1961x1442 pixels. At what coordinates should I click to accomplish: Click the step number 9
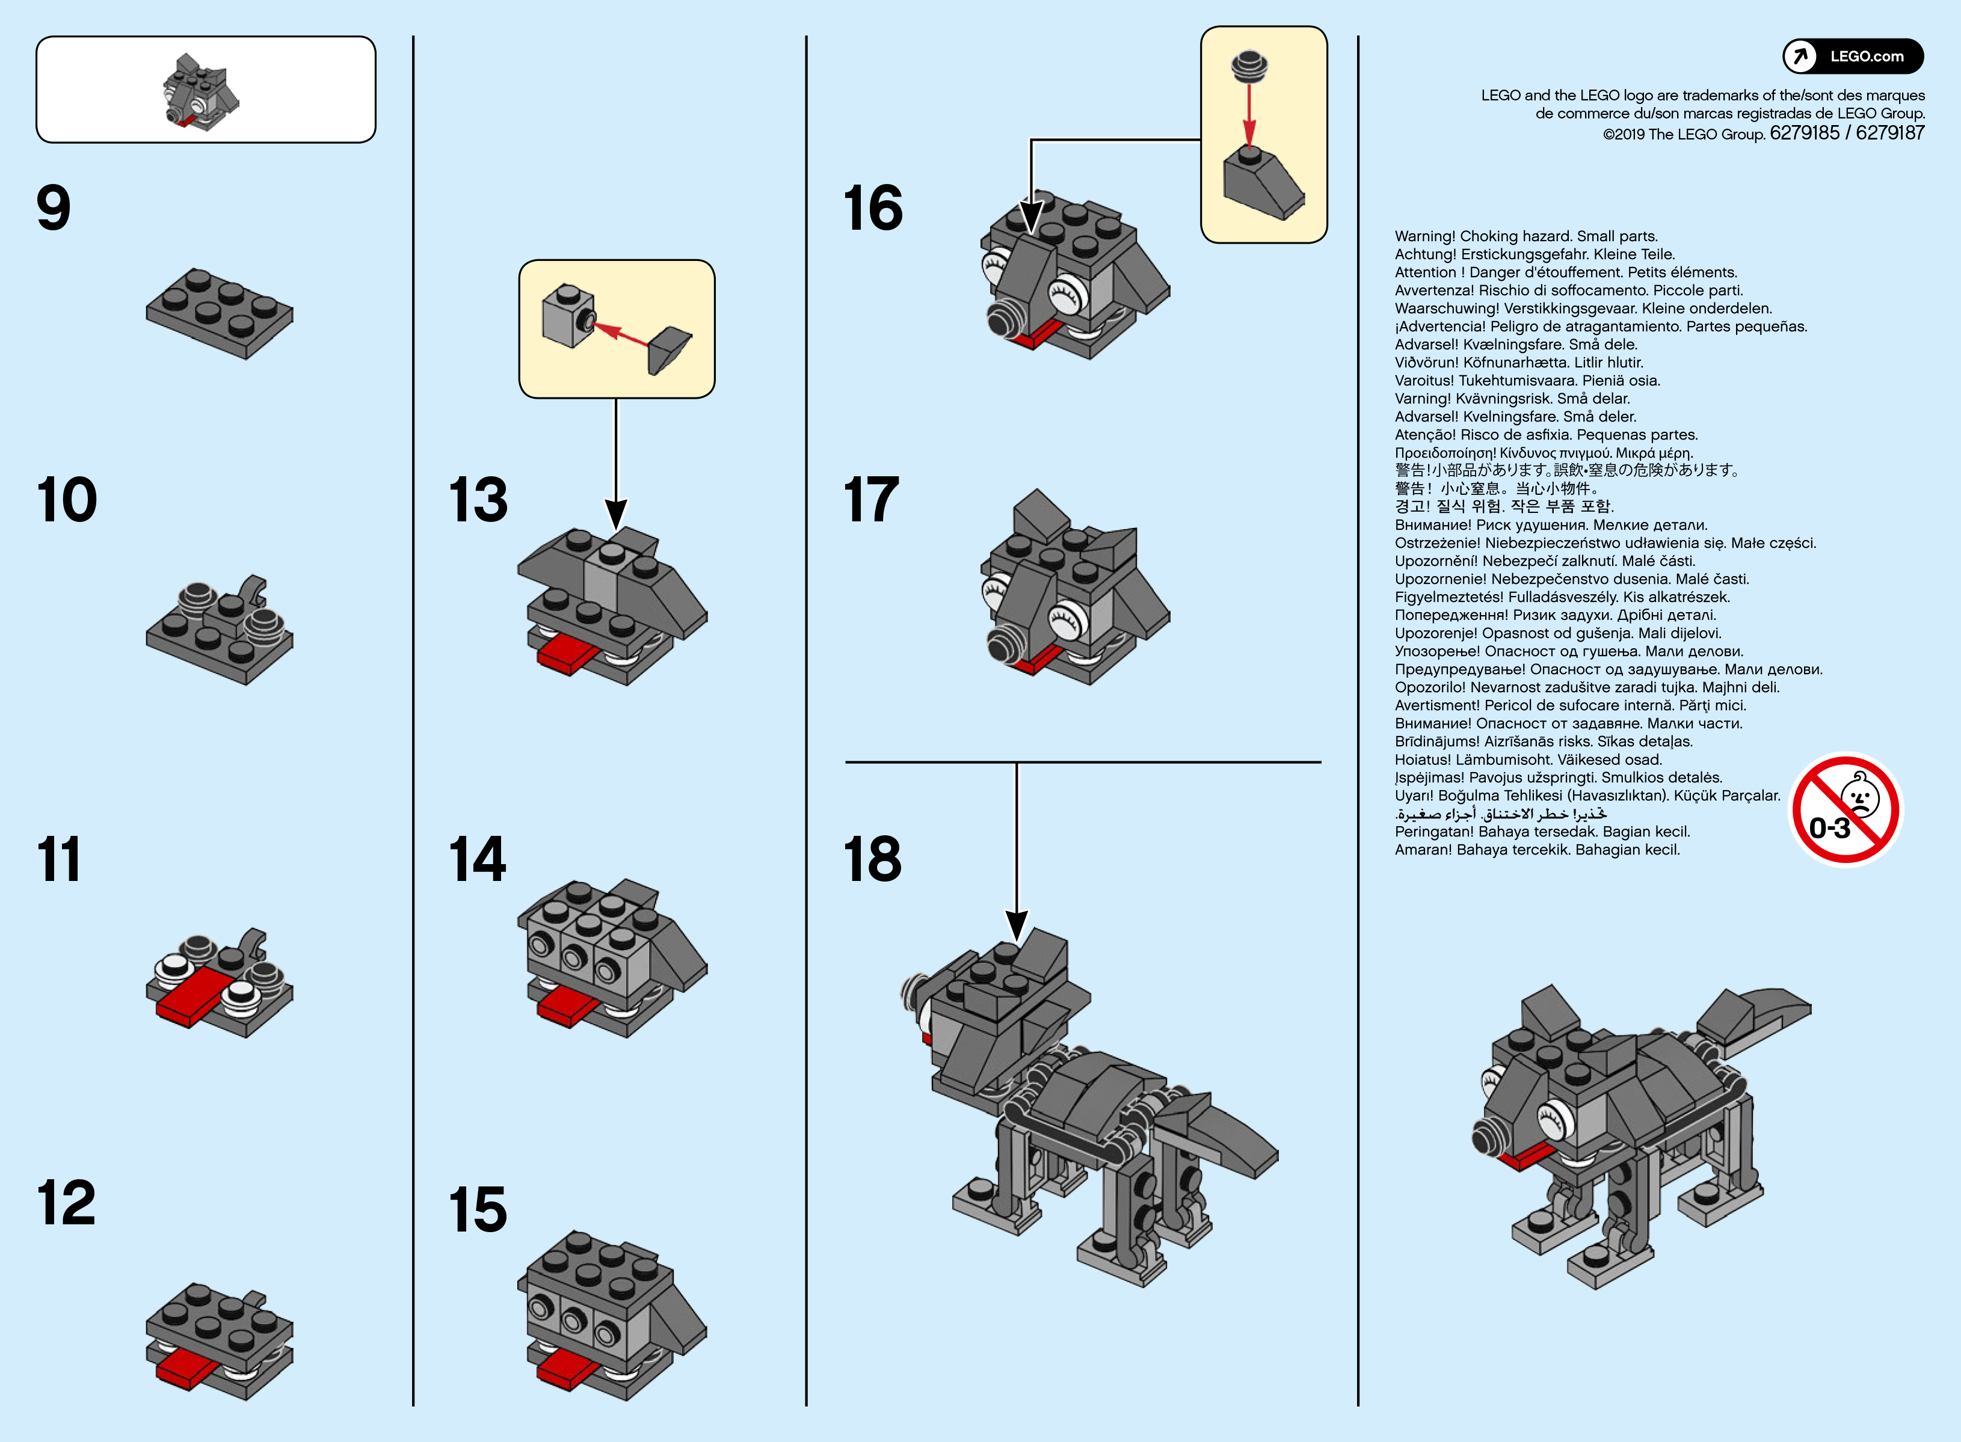coord(54,207)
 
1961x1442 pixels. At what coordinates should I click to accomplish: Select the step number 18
coord(872,858)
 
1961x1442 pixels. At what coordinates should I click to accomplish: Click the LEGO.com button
coord(1853,57)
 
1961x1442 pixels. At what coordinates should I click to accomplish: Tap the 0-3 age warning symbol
coord(1845,809)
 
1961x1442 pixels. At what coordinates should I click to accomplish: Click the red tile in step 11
coord(194,993)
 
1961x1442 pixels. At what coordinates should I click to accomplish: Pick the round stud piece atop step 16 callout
coord(1249,66)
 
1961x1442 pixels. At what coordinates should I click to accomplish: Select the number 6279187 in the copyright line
coord(1889,133)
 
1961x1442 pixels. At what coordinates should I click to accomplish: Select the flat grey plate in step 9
coord(219,313)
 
